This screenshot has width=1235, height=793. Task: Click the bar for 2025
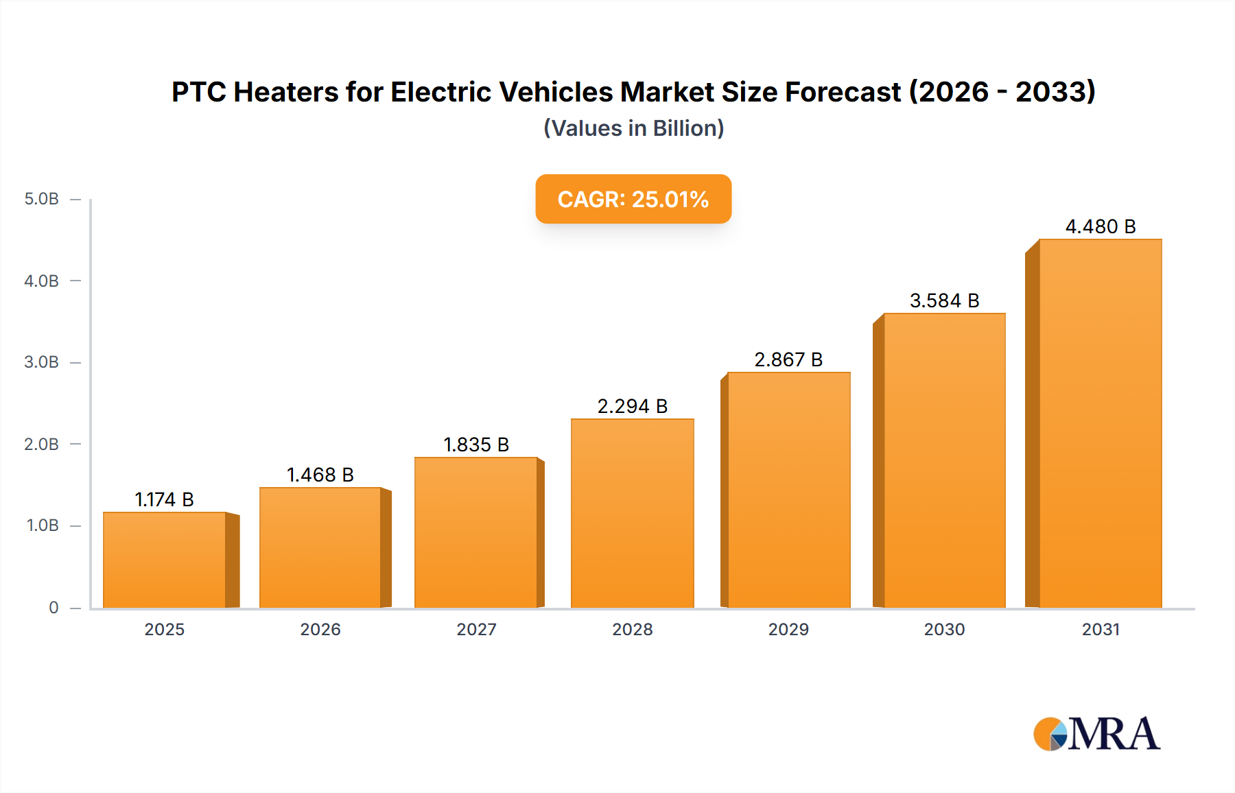pos(165,560)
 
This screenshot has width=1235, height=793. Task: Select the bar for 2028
pos(632,513)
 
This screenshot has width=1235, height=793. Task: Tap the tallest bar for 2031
pos(1100,423)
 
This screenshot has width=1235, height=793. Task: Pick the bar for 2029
pos(788,490)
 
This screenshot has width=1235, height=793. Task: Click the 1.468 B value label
pos(320,475)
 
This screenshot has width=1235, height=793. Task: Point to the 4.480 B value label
pos(1100,226)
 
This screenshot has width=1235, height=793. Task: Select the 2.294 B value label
pos(632,406)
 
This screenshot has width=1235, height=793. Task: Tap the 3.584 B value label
pos(944,300)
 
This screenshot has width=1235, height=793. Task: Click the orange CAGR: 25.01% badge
pos(633,199)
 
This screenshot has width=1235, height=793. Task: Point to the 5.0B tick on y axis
pos(42,199)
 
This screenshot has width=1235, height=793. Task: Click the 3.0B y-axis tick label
pos(42,362)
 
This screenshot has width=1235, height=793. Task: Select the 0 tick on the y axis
pos(54,607)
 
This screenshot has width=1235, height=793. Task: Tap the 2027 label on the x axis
pos(476,629)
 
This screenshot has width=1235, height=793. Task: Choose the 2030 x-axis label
pos(944,629)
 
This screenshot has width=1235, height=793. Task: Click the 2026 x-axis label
pos(320,629)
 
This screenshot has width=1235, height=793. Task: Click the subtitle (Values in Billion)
pos(633,128)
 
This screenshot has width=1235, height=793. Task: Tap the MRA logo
pos(1096,734)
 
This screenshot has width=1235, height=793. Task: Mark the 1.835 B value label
pos(476,445)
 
